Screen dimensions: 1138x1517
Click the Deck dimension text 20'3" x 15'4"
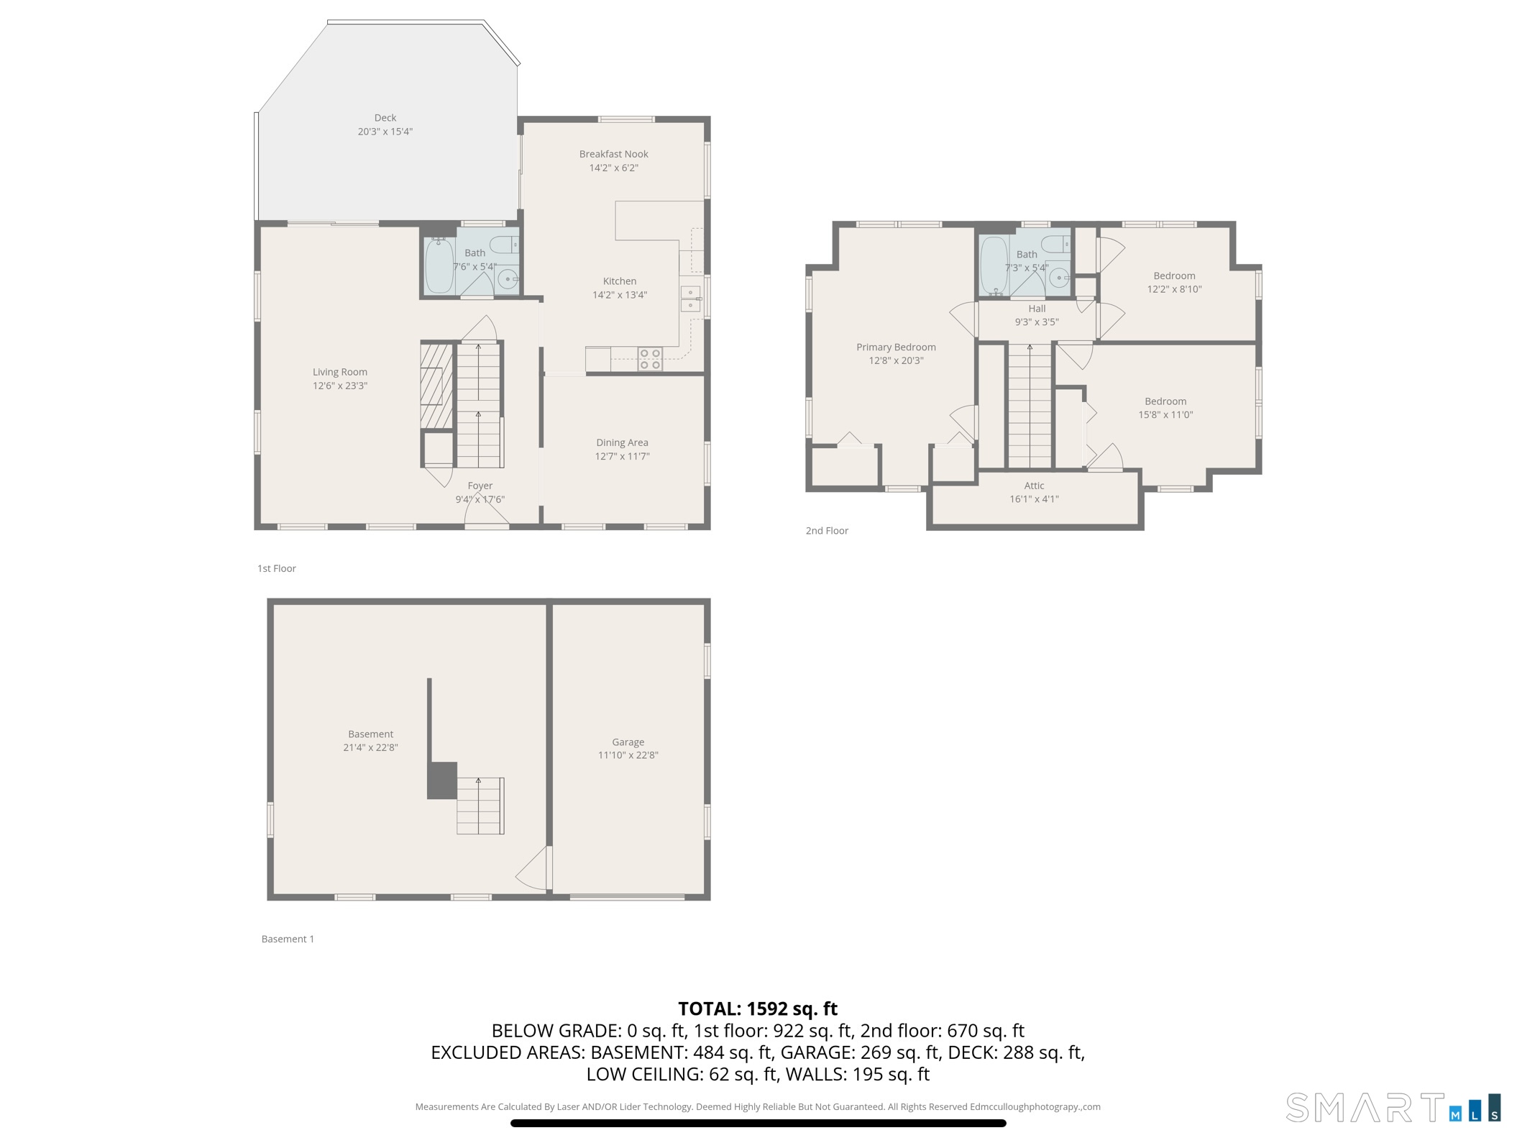(x=385, y=132)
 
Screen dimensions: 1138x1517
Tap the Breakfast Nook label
(x=613, y=154)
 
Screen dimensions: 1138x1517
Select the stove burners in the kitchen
(x=650, y=359)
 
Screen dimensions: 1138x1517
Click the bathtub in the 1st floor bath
(x=439, y=266)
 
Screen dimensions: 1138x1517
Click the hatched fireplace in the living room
(x=436, y=386)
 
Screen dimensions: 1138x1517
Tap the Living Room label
(x=339, y=372)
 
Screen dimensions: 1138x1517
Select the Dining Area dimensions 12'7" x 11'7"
(x=622, y=456)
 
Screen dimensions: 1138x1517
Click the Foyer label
(x=480, y=486)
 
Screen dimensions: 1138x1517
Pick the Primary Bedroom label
(x=896, y=347)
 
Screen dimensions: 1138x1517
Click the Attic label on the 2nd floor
(x=1034, y=486)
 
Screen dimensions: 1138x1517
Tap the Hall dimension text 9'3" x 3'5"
(x=1036, y=322)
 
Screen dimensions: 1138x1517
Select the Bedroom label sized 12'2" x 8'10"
(x=1174, y=276)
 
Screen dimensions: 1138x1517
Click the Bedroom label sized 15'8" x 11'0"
(x=1165, y=401)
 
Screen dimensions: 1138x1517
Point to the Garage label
(x=628, y=742)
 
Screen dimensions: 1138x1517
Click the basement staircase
(x=480, y=805)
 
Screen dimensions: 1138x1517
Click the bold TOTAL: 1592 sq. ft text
(x=758, y=1009)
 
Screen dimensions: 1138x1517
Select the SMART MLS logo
(x=1392, y=1107)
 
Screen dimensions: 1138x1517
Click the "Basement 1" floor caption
(x=288, y=939)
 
